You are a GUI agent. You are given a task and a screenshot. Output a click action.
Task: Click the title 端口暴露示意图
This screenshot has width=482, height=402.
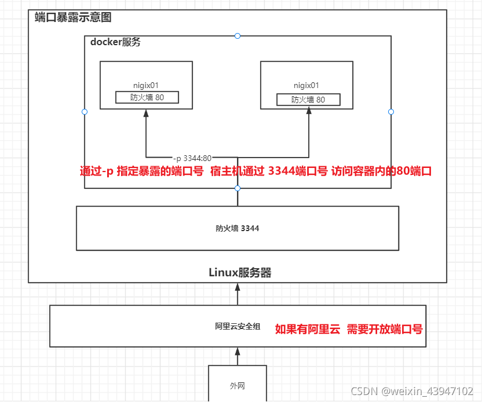72,17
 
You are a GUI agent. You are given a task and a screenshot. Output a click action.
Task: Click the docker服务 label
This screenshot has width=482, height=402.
115,42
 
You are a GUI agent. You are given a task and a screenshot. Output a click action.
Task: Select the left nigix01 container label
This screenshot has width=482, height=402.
146,86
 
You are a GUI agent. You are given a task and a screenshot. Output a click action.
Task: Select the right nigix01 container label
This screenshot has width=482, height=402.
307,86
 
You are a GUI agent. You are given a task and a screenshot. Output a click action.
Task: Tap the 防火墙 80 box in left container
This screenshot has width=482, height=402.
147,97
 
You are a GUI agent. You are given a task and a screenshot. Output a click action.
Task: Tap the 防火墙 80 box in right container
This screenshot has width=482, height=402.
308,100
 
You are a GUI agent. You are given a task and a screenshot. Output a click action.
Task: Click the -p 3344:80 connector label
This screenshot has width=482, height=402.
192,158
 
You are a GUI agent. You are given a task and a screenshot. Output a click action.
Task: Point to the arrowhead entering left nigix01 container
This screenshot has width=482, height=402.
146,114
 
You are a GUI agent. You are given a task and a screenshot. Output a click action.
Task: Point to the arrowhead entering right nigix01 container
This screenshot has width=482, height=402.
307,114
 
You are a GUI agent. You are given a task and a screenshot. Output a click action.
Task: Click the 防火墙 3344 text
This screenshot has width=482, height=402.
238,228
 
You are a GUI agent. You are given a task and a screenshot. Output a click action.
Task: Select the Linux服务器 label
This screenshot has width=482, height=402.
240,272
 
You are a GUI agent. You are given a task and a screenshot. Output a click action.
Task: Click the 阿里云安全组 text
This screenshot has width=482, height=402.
238,327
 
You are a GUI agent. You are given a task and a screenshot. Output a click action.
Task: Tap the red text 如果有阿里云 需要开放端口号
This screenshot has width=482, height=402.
348,329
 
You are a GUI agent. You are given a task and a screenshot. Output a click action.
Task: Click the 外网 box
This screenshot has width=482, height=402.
238,384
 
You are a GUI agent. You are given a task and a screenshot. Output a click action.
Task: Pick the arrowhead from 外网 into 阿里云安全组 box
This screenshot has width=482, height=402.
238,352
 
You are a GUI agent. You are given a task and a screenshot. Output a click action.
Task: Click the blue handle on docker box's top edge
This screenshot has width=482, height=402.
238,36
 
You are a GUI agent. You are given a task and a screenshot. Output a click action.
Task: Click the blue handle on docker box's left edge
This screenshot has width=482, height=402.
85,112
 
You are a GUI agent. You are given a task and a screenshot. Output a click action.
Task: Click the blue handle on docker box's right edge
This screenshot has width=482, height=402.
390,112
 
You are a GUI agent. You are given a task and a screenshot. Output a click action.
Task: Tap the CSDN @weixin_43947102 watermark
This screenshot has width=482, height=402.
415,390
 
